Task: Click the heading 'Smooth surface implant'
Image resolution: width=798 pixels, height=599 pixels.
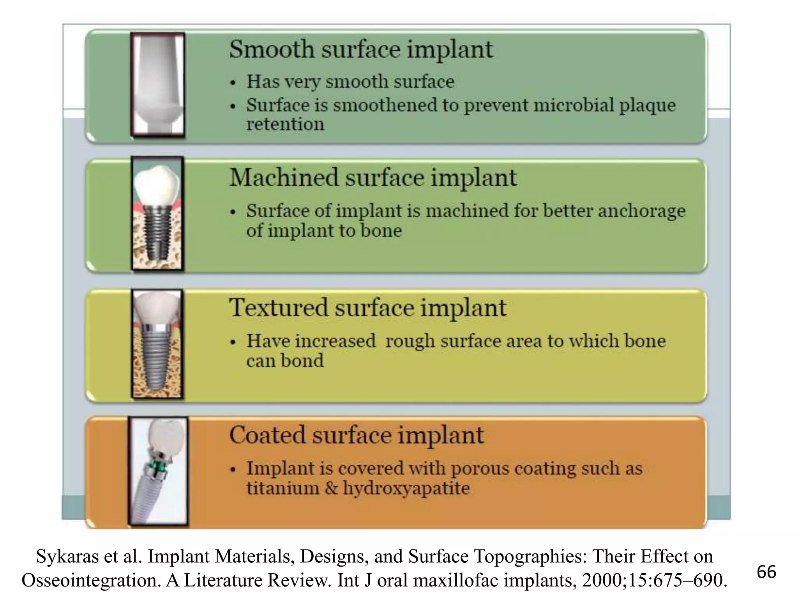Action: click(361, 50)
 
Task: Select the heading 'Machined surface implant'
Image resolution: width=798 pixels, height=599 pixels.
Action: click(373, 178)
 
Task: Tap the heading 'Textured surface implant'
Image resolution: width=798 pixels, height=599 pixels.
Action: click(367, 308)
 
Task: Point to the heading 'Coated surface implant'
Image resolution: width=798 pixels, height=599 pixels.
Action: click(357, 435)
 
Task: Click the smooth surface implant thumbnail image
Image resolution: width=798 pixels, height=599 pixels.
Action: click(158, 85)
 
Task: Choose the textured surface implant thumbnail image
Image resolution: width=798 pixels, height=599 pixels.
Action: click(157, 344)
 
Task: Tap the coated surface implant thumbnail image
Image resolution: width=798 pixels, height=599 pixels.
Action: click(158, 471)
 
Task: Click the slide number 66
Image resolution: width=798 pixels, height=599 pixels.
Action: click(766, 572)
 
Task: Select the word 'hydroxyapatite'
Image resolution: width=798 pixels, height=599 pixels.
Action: click(406, 488)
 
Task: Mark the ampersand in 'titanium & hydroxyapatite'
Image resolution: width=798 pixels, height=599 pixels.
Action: click(331, 488)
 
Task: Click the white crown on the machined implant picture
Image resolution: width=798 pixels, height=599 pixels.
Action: click(157, 184)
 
